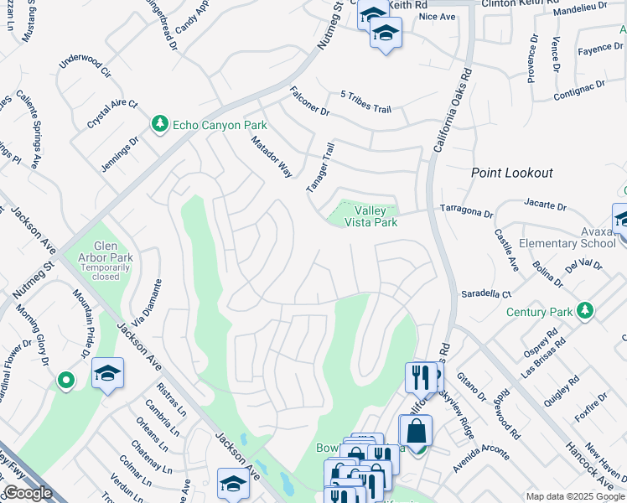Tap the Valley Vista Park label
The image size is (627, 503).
click(x=375, y=216)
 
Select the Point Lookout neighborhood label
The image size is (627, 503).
click(x=511, y=173)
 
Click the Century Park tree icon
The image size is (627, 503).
click(x=585, y=312)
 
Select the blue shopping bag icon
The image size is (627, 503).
click(x=417, y=433)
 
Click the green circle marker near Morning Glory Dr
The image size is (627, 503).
click(x=66, y=381)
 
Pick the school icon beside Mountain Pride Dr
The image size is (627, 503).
click(x=107, y=373)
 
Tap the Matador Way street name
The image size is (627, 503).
click(x=272, y=157)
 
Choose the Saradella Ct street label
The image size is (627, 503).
click(x=486, y=295)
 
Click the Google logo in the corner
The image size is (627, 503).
click(x=28, y=493)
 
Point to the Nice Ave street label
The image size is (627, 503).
click(x=437, y=16)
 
